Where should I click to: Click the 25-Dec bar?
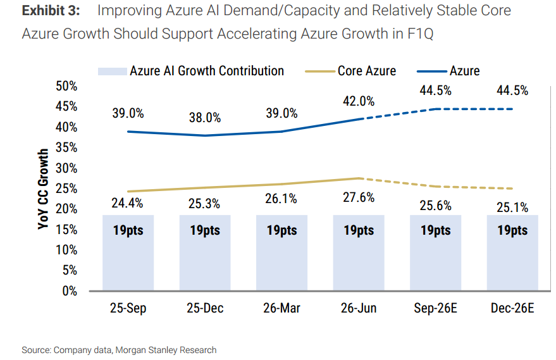click(205, 252)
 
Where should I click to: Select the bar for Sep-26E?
click(435, 252)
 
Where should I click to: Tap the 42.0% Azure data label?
click(359, 101)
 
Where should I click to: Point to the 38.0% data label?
click(205, 118)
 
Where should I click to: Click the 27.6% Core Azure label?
click(359, 197)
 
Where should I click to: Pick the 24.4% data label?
click(127, 203)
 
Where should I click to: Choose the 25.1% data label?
click(512, 208)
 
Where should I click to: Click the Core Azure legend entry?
click(350, 71)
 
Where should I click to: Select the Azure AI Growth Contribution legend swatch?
click(113, 71)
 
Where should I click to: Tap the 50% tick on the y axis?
click(66, 86)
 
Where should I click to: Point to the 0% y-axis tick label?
click(70, 291)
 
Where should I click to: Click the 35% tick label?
click(66, 147)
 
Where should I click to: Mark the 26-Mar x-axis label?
click(281, 308)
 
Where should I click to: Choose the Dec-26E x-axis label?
click(512, 308)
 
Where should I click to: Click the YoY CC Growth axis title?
click(43, 189)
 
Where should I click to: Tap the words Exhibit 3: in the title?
click(51, 11)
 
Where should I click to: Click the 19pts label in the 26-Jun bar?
click(359, 230)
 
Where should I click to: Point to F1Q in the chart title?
click(420, 34)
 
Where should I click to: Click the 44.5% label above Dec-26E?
click(512, 91)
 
